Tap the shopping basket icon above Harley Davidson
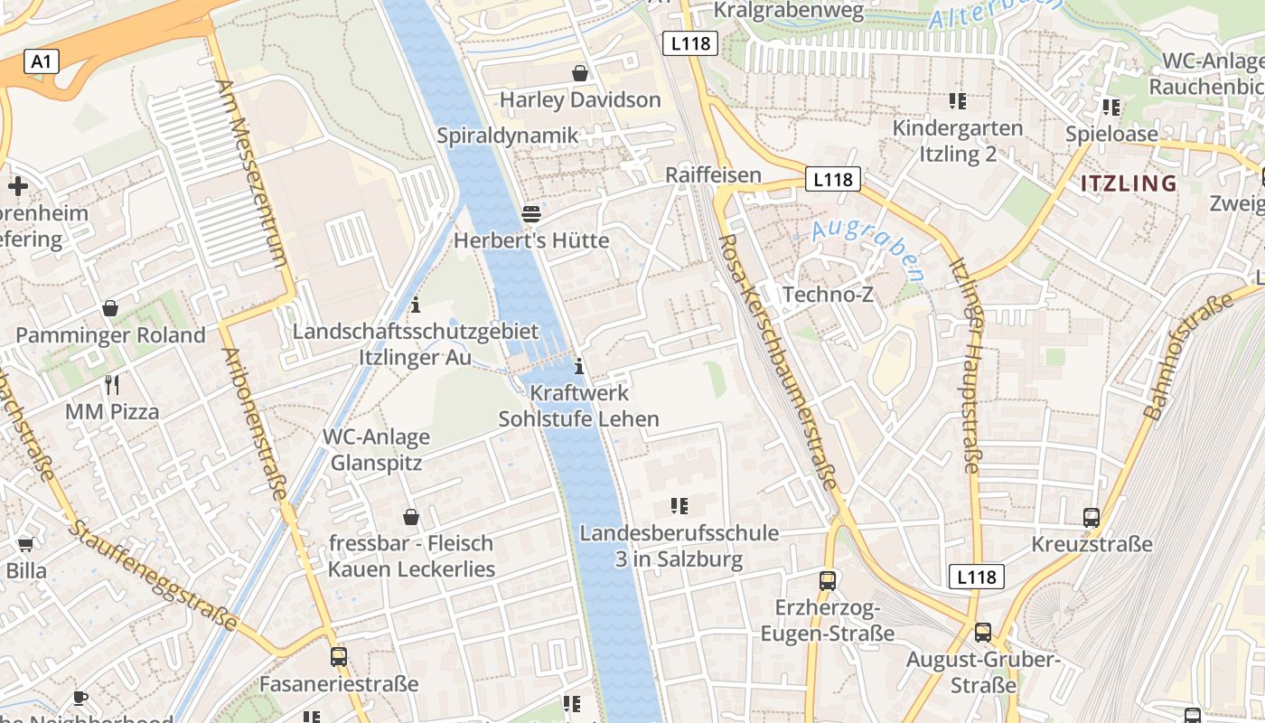tap(580, 72)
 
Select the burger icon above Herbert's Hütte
tap(531, 213)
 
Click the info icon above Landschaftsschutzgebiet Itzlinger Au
tap(416, 305)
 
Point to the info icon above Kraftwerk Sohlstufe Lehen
tap(579, 367)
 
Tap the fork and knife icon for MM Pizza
tap(112, 385)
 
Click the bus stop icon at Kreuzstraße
tap(1092, 518)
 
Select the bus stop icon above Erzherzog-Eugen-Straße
tap(828, 580)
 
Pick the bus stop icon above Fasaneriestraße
tap(339, 657)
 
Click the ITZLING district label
tap(1129, 183)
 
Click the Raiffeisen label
tap(713, 174)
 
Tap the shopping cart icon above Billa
tap(25, 544)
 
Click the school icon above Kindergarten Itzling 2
tap(958, 100)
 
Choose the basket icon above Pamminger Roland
tap(110, 308)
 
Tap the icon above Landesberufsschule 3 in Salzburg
tap(679, 506)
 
